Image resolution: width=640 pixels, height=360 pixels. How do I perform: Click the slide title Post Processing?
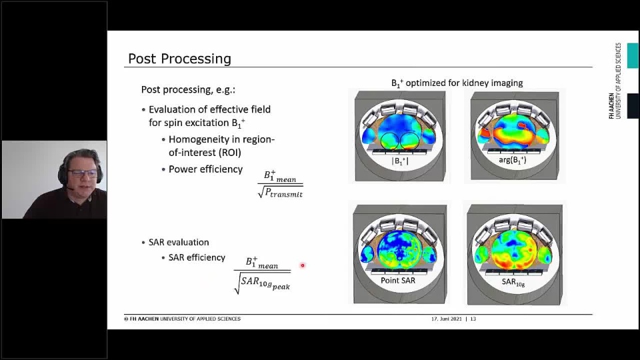click(179, 59)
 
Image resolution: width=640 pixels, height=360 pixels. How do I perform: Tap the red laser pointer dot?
click(303, 265)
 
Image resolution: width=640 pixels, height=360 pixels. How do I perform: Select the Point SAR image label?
click(397, 281)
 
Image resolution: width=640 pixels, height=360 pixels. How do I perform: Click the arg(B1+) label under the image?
click(512, 160)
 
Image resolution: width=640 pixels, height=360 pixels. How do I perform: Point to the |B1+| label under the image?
click(400, 161)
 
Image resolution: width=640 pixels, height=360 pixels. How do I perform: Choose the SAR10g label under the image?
click(513, 282)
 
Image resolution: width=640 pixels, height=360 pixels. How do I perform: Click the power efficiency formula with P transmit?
click(281, 185)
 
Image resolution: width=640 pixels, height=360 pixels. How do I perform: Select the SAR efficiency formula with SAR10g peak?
click(262, 275)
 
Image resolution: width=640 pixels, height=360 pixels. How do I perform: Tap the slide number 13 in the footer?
click(473, 319)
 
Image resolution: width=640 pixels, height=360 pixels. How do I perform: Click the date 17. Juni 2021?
click(447, 319)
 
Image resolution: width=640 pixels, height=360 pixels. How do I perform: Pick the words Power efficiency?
click(206, 169)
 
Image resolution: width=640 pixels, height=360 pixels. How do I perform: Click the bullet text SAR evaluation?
click(179, 242)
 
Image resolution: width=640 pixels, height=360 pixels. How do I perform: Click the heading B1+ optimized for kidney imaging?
click(457, 83)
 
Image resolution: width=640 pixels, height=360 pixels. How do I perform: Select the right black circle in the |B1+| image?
click(411, 141)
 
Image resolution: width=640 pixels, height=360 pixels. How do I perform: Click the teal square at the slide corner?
click(633, 55)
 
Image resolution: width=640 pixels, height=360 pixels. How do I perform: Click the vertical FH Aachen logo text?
click(615, 81)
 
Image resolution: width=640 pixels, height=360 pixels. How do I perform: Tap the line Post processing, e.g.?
click(188, 90)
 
